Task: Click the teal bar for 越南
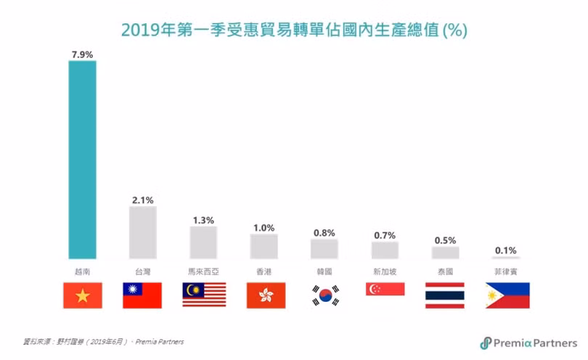[x=82, y=160]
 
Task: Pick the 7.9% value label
[x=82, y=53]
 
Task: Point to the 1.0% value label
[x=264, y=227]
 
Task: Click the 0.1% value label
[x=506, y=250]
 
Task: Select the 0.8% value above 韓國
[x=324, y=233]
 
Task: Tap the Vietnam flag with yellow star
[x=83, y=295]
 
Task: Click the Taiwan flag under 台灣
[x=142, y=295]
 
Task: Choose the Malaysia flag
[x=204, y=295]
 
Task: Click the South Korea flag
[x=325, y=295]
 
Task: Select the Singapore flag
[x=385, y=289]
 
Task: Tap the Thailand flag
[x=444, y=295]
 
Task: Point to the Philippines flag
[x=507, y=295]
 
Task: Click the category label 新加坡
[x=385, y=271]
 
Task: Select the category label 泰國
[x=445, y=271]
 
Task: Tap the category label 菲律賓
[x=506, y=271]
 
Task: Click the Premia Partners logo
[x=528, y=343]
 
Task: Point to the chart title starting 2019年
[x=293, y=30]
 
